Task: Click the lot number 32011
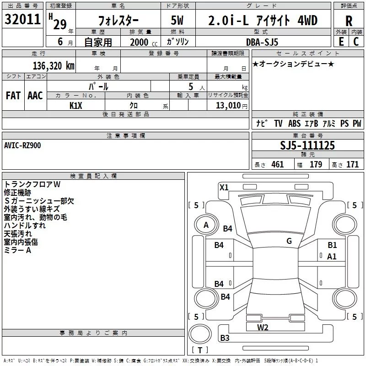click(x=22, y=19)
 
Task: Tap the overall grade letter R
click(x=349, y=21)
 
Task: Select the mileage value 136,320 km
click(x=54, y=66)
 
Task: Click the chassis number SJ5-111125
click(x=307, y=145)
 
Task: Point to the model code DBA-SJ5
click(x=262, y=42)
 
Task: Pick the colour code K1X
click(x=76, y=106)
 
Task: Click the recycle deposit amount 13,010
click(x=228, y=105)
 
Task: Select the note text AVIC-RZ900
click(x=22, y=145)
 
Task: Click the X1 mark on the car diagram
click(x=224, y=188)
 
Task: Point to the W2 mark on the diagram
click(x=263, y=328)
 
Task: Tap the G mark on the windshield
click(x=289, y=241)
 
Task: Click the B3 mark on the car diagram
click(x=225, y=338)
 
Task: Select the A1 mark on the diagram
click(x=332, y=257)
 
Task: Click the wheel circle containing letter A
click(x=206, y=225)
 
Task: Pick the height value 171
click(x=352, y=165)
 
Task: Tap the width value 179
click(x=316, y=165)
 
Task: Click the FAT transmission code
click(x=13, y=96)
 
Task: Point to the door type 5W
click(x=177, y=20)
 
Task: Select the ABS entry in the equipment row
click(x=294, y=124)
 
